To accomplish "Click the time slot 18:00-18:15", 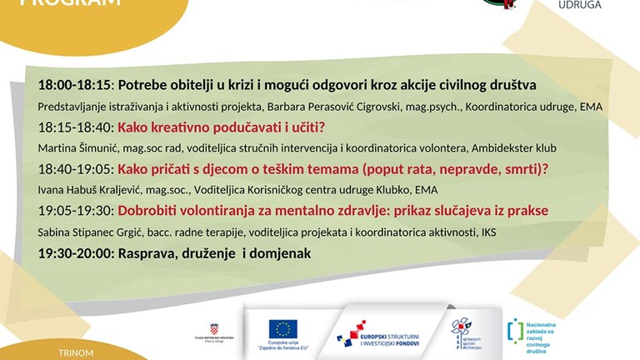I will [75, 85].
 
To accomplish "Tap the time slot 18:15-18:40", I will [75, 127].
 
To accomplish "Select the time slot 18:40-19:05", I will [75, 169].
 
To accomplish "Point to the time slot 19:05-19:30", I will [75, 211].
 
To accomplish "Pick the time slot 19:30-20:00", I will [75, 252].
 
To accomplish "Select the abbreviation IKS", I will [487, 232].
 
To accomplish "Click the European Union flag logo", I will [283, 328].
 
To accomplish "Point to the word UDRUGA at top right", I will [579, 5].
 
